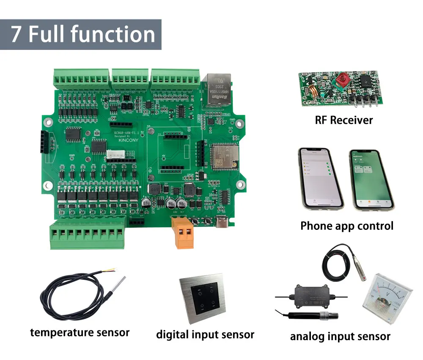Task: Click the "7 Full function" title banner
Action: pos(80,35)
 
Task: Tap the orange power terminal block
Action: pos(182,232)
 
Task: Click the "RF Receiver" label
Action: pos(344,120)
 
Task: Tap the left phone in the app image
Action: pos(320,178)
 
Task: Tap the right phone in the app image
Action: pos(371,179)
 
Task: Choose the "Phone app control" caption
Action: pos(347,226)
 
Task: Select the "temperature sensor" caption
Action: pos(80,333)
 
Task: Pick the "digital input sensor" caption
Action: pos(205,335)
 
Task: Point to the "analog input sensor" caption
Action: pos(340,336)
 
